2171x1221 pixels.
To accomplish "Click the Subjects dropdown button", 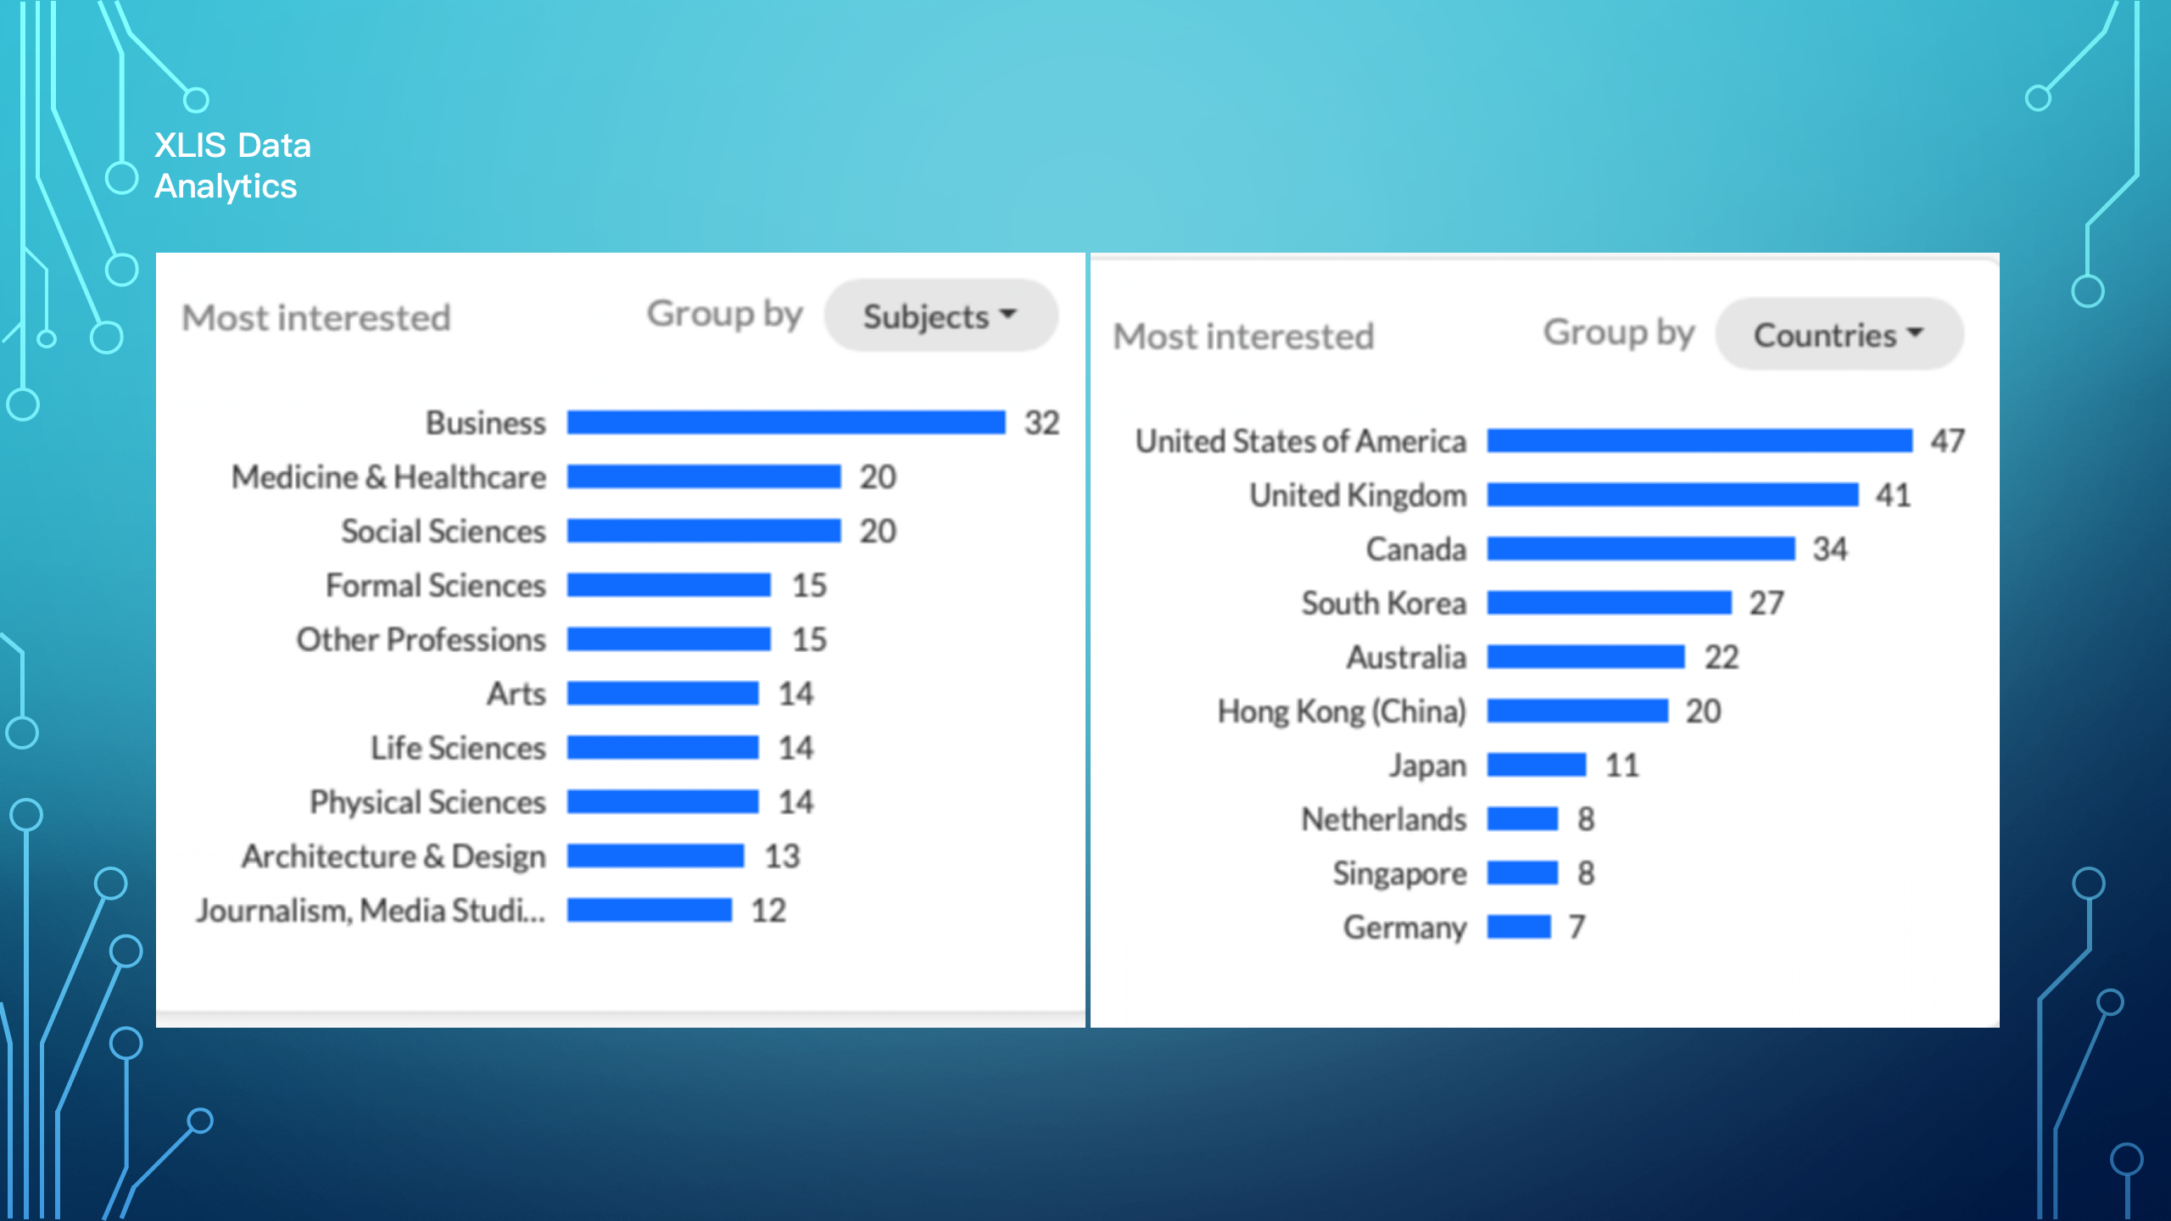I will (x=940, y=316).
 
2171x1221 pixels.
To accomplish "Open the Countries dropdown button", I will (x=1839, y=335).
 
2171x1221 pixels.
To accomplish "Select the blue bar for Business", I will (x=785, y=422).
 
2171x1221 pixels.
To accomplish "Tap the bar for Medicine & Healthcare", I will (x=704, y=477).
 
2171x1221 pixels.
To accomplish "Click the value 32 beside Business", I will (x=1042, y=422).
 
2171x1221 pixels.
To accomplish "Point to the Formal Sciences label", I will (x=435, y=585).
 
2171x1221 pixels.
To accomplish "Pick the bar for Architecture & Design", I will (x=656, y=856).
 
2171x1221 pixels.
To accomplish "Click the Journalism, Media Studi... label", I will (x=371, y=910).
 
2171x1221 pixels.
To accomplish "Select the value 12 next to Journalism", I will (x=768, y=910).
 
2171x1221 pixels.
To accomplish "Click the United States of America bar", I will (x=1699, y=441).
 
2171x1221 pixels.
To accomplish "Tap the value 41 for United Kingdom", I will (x=1893, y=495).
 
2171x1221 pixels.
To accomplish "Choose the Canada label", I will (x=1415, y=549).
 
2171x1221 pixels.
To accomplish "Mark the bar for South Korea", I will (x=1609, y=603).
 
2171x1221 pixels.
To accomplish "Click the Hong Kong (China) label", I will (x=1342, y=711).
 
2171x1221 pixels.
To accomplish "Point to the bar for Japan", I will (x=1536, y=765).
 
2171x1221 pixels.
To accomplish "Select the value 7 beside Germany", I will (x=1577, y=927).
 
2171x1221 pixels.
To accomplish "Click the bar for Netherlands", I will (x=1522, y=819).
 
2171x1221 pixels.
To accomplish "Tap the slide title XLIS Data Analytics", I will (x=232, y=165).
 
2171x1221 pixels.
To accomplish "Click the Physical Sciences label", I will (x=427, y=802).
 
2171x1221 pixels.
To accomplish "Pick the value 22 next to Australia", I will (x=1722, y=657).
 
